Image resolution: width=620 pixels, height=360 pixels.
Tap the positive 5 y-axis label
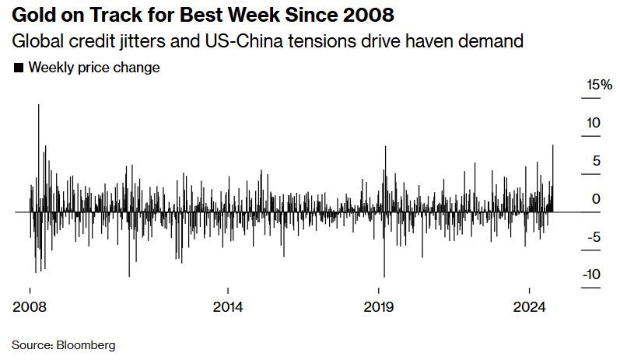click(x=596, y=161)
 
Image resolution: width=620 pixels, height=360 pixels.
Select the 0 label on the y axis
click(x=596, y=199)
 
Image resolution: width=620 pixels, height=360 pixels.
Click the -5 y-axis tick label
click(x=593, y=237)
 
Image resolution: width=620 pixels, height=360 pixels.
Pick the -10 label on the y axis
click(x=590, y=274)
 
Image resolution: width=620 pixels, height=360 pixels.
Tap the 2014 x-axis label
click(x=228, y=306)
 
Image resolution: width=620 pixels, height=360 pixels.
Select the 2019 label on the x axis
click(x=380, y=306)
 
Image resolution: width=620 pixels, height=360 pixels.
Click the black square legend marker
click(x=19, y=68)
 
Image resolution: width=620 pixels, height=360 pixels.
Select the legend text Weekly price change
click(x=94, y=68)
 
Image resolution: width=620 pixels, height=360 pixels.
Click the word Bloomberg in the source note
click(x=86, y=344)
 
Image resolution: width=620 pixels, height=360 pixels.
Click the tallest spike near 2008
click(x=39, y=109)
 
